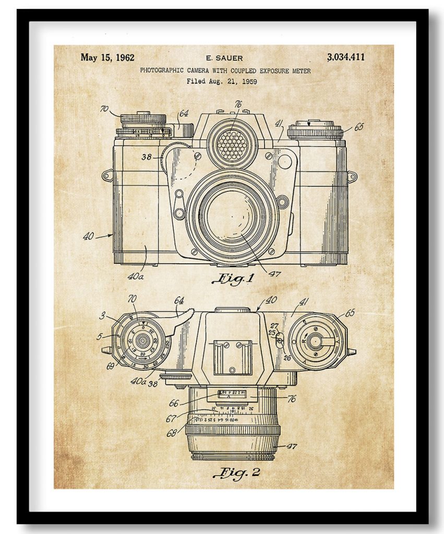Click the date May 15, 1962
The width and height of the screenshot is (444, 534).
[x=107, y=57]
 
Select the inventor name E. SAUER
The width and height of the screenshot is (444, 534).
[x=224, y=58]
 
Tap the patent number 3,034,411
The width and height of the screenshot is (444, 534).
[x=345, y=57]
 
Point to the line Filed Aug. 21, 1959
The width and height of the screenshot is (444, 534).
[x=222, y=81]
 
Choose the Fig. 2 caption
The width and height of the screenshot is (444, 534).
[x=236, y=473]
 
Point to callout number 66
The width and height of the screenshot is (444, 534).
[x=173, y=403]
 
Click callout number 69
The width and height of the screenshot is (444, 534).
[x=110, y=366]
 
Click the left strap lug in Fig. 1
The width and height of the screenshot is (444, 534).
[x=107, y=175]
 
